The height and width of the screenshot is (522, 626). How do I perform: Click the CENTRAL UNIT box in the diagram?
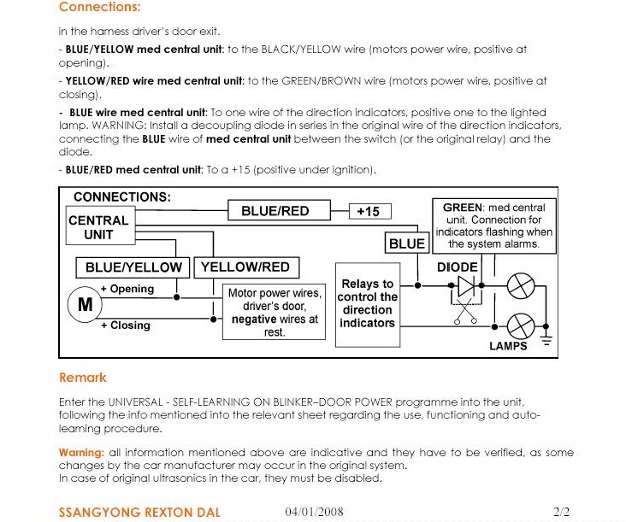[98, 227]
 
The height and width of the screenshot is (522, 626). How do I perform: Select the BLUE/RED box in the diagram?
[275, 211]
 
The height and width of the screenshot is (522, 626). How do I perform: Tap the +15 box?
[368, 211]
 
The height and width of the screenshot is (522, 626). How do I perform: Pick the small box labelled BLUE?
[406, 243]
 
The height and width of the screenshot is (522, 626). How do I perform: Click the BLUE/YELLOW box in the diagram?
[133, 267]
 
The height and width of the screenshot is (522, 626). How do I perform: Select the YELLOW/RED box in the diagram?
[245, 267]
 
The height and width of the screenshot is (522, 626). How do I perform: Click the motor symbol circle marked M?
[85, 305]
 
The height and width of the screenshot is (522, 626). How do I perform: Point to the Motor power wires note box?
[274, 312]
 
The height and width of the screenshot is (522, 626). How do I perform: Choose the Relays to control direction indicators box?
[367, 303]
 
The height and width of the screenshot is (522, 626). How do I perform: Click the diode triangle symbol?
[464, 285]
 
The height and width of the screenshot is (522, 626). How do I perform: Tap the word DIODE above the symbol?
[457, 267]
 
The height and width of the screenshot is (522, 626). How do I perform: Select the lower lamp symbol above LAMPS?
[520, 326]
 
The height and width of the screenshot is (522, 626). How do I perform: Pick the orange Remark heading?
[83, 378]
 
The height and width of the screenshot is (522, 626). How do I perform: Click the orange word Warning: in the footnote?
[81, 452]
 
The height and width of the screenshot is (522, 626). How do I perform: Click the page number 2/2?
[562, 512]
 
